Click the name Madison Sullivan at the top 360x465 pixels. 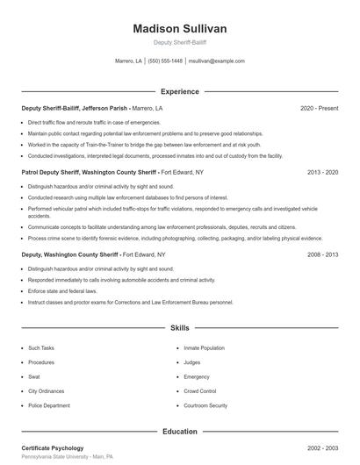(179, 29)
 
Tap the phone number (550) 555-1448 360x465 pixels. (165, 61)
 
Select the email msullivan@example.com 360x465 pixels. (217, 61)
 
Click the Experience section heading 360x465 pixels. (179, 91)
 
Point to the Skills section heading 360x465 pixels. (179, 328)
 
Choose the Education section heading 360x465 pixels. (179, 431)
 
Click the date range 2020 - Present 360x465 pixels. (319, 108)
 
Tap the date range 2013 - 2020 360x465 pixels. (322, 173)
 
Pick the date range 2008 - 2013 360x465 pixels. (322, 254)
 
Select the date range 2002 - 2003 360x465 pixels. (322, 448)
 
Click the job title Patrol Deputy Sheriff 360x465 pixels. (52, 173)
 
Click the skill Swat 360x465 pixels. (33, 376)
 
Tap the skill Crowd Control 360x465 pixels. (200, 391)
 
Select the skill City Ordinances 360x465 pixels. (45, 391)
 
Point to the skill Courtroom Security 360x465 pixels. (205, 405)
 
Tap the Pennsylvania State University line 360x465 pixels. (68, 458)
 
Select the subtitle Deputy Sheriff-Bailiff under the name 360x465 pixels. (179, 42)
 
